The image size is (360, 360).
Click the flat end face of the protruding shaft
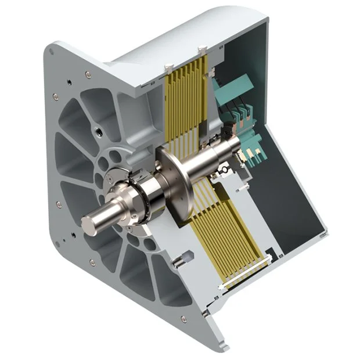(x=91, y=224)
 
